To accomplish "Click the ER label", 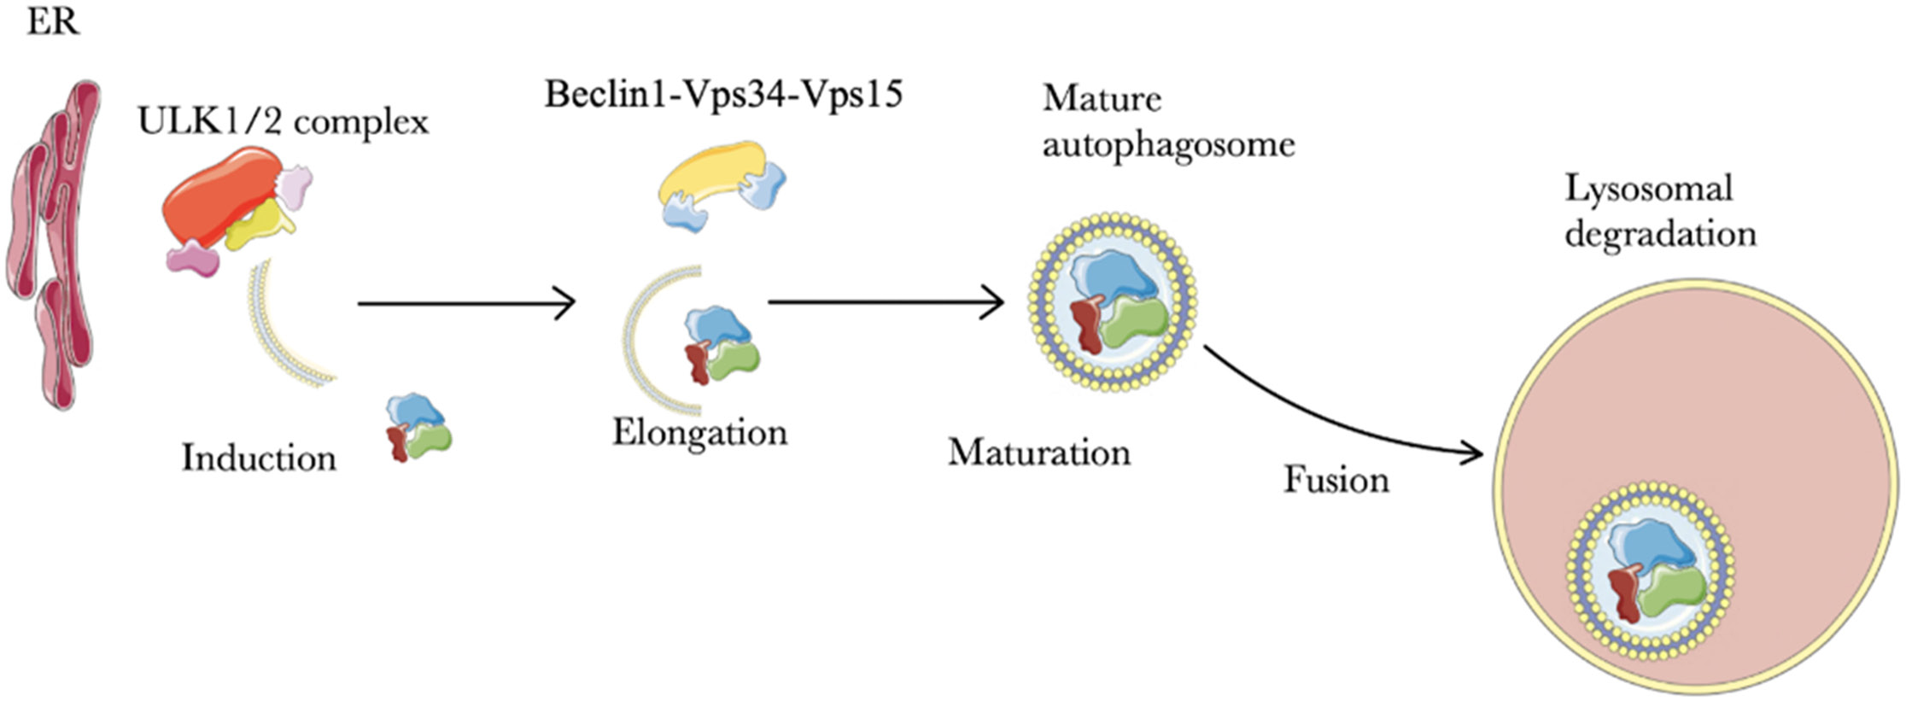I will point(53,21).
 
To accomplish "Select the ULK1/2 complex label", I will point(283,122).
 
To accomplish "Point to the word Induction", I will point(259,459).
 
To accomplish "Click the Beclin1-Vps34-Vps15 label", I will point(723,94).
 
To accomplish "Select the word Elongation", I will point(699,432).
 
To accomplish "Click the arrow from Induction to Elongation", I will point(466,303).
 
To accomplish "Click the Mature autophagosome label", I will point(1167,121).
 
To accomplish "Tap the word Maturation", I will point(1038,453).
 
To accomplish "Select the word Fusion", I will point(1336,480).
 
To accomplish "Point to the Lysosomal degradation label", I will point(1659,211).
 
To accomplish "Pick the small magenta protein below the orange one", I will point(193,258).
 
